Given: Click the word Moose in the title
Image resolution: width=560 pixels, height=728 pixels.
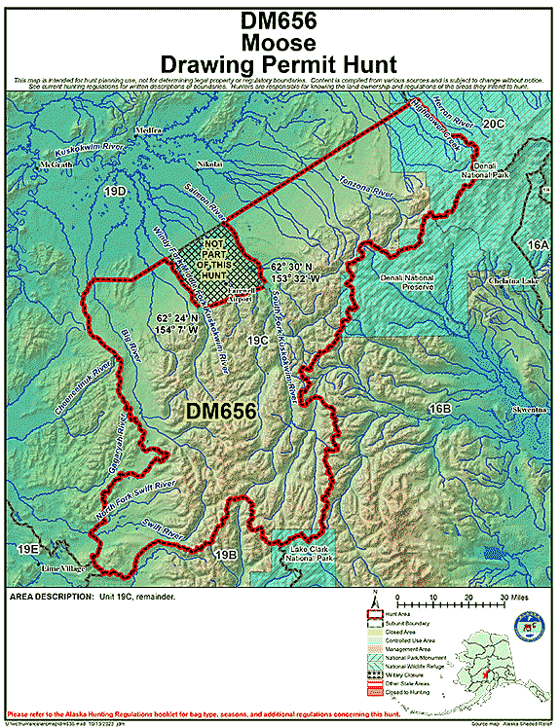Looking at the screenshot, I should (280, 43).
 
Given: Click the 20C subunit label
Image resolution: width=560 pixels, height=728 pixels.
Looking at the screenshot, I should (494, 124).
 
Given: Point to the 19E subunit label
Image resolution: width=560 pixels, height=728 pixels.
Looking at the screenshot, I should (27, 550).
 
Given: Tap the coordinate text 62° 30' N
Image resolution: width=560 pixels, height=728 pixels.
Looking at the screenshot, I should (292, 266).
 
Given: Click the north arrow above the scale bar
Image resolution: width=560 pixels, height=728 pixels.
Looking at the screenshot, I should (374, 598).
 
